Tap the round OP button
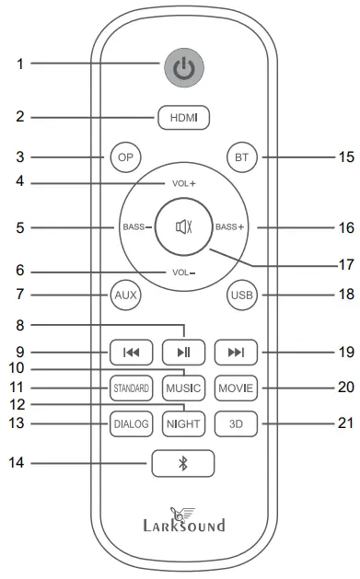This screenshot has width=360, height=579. (123, 156)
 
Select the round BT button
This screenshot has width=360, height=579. (241, 157)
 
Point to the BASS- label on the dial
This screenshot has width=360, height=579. (134, 226)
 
